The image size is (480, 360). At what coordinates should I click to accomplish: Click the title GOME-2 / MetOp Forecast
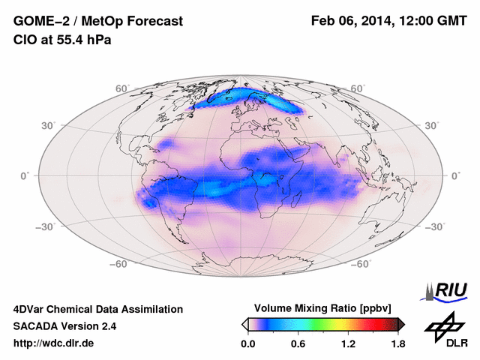(x=97, y=22)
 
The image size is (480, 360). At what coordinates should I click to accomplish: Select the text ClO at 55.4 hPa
(x=62, y=40)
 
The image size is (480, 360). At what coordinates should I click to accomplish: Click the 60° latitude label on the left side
(x=122, y=88)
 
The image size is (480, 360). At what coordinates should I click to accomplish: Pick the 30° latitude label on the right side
(x=433, y=126)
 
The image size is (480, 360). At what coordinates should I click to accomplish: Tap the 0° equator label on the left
(x=25, y=175)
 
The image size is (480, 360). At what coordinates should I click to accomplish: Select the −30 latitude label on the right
(x=435, y=226)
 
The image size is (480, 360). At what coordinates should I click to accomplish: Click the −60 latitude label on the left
(x=119, y=264)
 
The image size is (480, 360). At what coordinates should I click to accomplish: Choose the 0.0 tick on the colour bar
(x=248, y=344)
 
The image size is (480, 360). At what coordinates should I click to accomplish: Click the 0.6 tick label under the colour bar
(x=298, y=344)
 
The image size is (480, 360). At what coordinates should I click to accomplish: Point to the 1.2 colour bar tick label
(x=348, y=344)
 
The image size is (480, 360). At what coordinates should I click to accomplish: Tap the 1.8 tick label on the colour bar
(x=397, y=344)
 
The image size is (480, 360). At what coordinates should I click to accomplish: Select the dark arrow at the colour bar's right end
(x=401, y=324)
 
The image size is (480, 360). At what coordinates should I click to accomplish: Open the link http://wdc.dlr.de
(x=53, y=343)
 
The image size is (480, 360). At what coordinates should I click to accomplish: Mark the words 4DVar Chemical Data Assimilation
(x=97, y=309)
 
